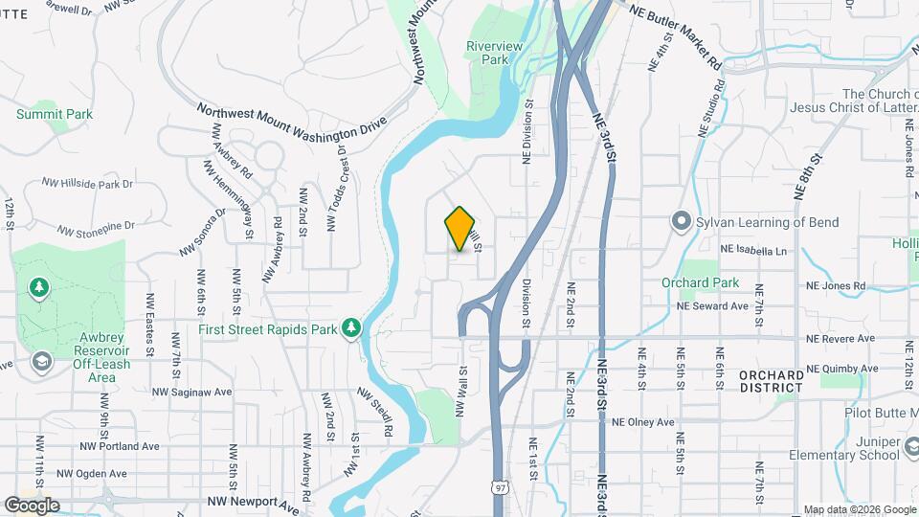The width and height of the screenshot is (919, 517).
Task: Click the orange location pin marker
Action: (x=460, y=229)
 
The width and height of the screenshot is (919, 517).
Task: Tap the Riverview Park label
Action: (x=487, y=52)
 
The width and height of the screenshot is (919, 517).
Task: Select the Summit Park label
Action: (x=55, y=114)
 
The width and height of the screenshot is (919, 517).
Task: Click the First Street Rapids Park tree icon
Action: (x=351, y=328)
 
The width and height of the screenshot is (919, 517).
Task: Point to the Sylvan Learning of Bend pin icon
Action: (x=682, y=222)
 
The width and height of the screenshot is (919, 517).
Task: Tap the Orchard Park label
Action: (x=700, y=282)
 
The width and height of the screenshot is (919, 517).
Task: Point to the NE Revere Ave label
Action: (x=841, y=338)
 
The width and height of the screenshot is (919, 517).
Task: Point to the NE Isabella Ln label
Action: (x=752, y=251)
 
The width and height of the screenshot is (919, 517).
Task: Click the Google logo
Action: (x=32, y=505)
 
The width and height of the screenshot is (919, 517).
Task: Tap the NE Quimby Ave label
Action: (x=841, y=368)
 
